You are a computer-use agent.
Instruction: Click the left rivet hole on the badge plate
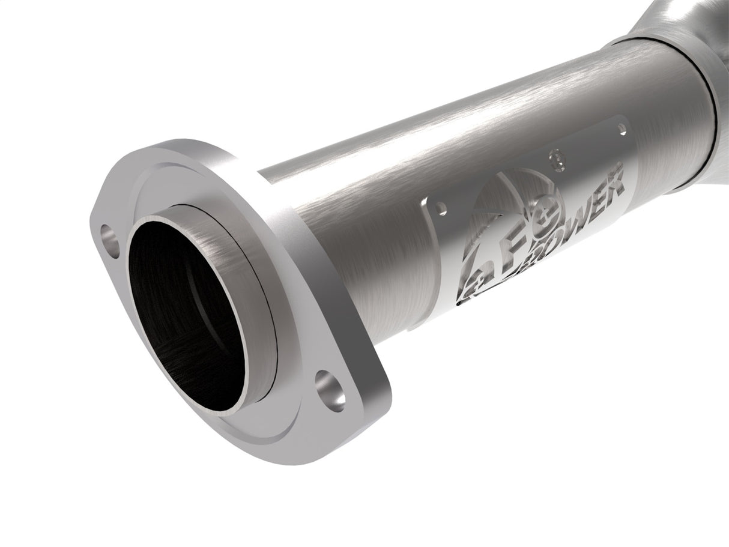pyautogui.click(x=443, y=208)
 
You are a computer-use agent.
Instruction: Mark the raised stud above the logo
pyautogui.click(x=556, y=159)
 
